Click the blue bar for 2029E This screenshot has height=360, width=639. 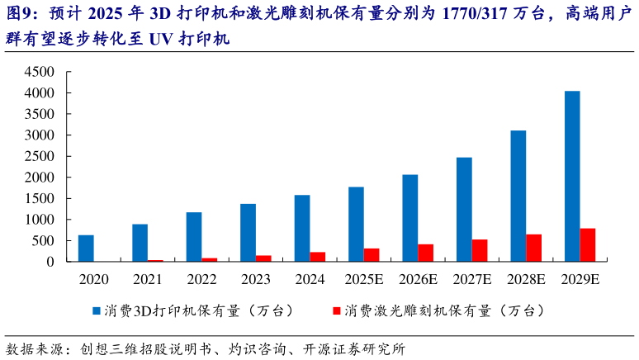click(571, 176)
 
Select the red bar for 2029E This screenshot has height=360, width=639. click(587, 245)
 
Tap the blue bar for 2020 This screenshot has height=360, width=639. click(86, 249)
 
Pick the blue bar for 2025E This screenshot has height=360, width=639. click(356, 225)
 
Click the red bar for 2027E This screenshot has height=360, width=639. click(479, 250)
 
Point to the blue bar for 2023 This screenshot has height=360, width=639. click(248, 233)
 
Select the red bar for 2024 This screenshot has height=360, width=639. click(317, 257)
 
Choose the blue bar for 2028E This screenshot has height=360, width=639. click(518, 196)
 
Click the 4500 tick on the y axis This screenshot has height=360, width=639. click(40, 72)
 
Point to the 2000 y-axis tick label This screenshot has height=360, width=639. click(40, 178)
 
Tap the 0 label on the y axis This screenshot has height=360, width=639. click(50, 263)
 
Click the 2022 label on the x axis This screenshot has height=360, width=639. click(201, 279)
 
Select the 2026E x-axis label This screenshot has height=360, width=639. click(418, 279)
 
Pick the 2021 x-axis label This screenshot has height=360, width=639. click(147, 279)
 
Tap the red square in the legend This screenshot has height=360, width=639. click(336, 311)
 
